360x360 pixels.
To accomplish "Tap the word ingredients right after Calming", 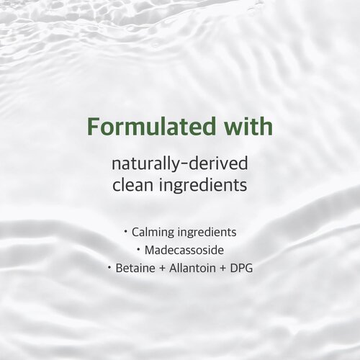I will click(x=207, y=233).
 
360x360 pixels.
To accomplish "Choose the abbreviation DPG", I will click(x=241, y=268).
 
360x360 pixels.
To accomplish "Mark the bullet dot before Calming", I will click(x=125, y=232).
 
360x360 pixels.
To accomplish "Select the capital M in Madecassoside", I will click(x=149, y=251).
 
